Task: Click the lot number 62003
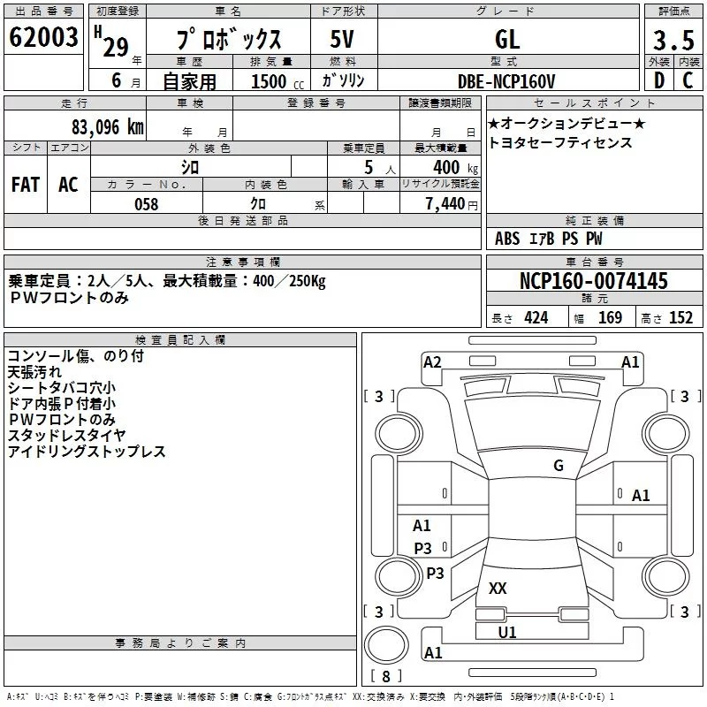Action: [x=43, y=37]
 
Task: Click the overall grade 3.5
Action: [x=673, y=41]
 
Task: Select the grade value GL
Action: [x=507, y=39]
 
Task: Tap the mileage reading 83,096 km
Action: [x=108, y=127]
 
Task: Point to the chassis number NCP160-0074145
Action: [x=593, y=280]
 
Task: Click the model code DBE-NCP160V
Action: [x=506, y=81]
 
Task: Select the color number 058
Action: [x=147, y=204]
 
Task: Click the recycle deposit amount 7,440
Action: [x=445, y=204]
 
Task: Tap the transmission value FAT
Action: [x=26, y=185]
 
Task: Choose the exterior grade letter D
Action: [x=659, y=80]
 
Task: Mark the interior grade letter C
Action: [x=688, y=80]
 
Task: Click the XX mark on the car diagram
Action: [x=498, y=588]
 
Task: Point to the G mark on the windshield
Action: [x=559, y=465]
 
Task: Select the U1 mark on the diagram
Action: [x=506, y=632]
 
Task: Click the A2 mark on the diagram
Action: [x=432, y=361]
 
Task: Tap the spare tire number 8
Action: [x=386, y=676]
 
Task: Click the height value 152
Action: [x=680, y=317]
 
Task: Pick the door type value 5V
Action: [x=342, y=39]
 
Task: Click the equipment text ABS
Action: [x=507, y=238]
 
